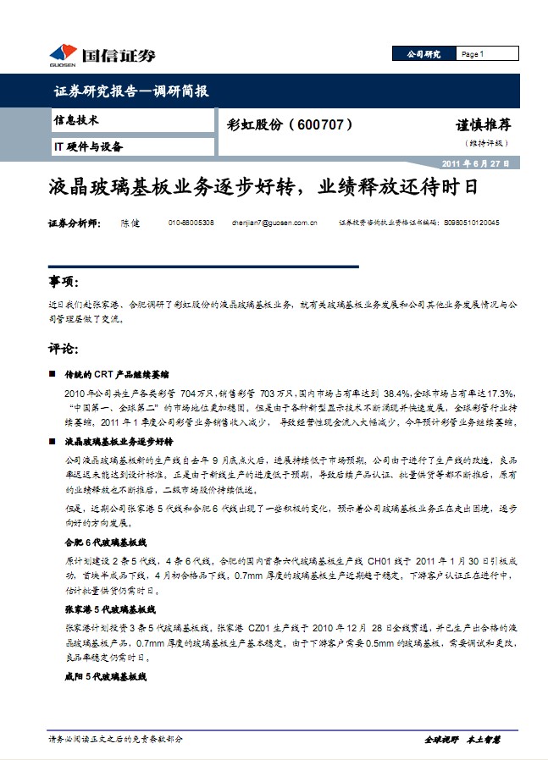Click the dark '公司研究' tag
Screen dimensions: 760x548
point(423,54)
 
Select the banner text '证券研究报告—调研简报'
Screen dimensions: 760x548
point(130,91)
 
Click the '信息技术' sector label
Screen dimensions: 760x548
point(76,121)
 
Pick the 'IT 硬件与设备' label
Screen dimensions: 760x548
point(88,146)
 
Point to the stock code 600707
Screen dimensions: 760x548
point(319,124)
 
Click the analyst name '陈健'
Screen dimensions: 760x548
point(130,223)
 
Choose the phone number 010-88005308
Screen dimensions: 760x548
point(191,223)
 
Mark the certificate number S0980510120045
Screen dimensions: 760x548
point(471,223)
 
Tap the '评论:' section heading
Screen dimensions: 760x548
point(64,349)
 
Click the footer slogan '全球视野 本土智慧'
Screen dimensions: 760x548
point(462,739)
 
